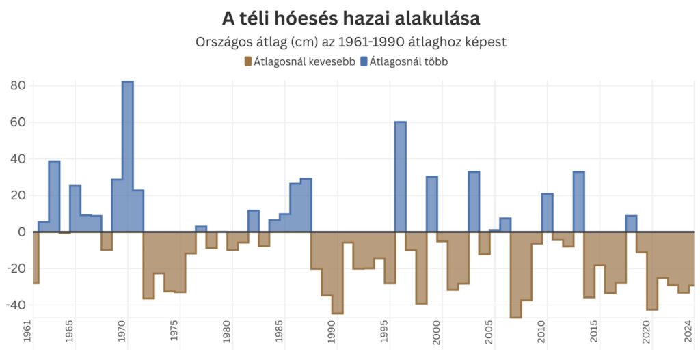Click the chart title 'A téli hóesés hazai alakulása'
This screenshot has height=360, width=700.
351,18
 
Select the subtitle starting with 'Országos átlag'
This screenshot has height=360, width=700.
351,41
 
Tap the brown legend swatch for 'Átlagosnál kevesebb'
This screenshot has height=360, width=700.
248,61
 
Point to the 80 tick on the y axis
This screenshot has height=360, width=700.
18,86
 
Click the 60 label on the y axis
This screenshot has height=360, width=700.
18,123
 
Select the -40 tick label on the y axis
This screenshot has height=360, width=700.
16,305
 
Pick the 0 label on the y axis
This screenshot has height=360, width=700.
22,232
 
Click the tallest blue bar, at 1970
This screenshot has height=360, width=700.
128,157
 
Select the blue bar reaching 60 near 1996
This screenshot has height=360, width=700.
401,177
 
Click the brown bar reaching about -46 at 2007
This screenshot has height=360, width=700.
515,274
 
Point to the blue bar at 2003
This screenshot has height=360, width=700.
474,202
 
